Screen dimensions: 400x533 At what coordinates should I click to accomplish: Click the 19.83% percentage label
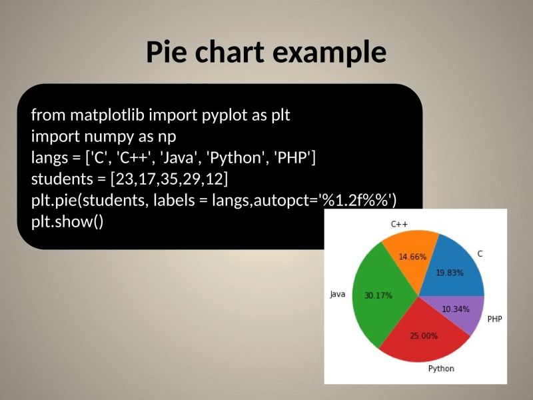450,272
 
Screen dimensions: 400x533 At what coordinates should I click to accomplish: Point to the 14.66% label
412,257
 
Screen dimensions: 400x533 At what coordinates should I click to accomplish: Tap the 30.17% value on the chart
378,295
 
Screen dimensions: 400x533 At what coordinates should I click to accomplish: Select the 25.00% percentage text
424,336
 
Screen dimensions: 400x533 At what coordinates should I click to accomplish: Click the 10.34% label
456,309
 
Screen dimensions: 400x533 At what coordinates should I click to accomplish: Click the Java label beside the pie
338,294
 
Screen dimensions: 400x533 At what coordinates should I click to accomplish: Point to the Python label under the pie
441,369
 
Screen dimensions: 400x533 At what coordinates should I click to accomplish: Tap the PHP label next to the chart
494,319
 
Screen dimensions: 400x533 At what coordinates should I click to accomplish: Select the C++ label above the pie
399,224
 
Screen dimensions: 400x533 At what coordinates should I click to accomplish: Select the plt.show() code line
67,221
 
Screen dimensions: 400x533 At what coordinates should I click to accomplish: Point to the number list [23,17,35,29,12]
169,179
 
